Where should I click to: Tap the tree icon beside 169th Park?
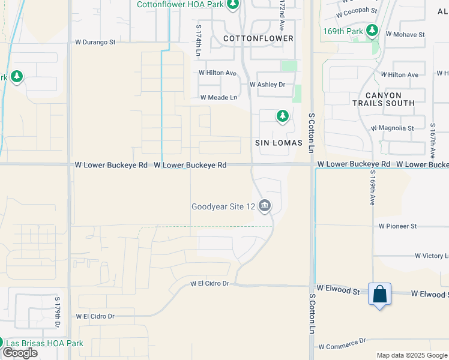click(x=372, y=30)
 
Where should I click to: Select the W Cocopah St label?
click(x=357, y=11)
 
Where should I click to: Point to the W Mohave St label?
click(x=404, y=35)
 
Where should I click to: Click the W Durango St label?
click(x=95, y=42)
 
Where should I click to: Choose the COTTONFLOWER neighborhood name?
click(x=258, y=38)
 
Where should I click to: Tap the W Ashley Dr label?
click(x=267, y=85)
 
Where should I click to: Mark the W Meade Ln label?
click(x=218, y=97)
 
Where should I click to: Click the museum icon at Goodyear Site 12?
click(x=265, y=206)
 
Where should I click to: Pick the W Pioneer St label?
click(x=397, y=226)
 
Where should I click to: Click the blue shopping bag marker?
click(x=379, y=295)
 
